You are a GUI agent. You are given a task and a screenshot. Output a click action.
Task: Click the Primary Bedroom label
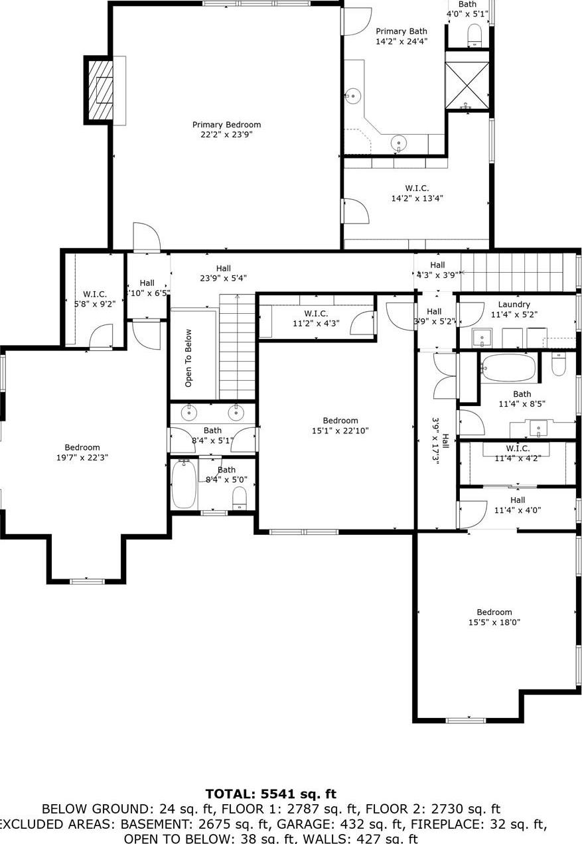point(226,125)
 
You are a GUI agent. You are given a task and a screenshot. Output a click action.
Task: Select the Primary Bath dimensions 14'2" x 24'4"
point(401,41)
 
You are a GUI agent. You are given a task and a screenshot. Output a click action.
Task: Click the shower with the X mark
point(467,84)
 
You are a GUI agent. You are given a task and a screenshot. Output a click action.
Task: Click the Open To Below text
point(188,358)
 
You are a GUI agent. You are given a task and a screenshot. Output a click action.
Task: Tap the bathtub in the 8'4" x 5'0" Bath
point(184,484)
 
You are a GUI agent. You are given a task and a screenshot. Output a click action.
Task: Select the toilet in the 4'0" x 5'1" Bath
point(474,35)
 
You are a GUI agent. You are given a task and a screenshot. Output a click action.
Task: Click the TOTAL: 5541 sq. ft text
point(271,794)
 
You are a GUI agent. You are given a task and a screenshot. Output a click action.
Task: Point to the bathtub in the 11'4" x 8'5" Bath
point(508,367)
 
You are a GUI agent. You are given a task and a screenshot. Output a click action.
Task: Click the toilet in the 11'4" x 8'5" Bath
point(558,364)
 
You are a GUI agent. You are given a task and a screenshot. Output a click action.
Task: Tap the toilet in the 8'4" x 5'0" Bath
point(240,496)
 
